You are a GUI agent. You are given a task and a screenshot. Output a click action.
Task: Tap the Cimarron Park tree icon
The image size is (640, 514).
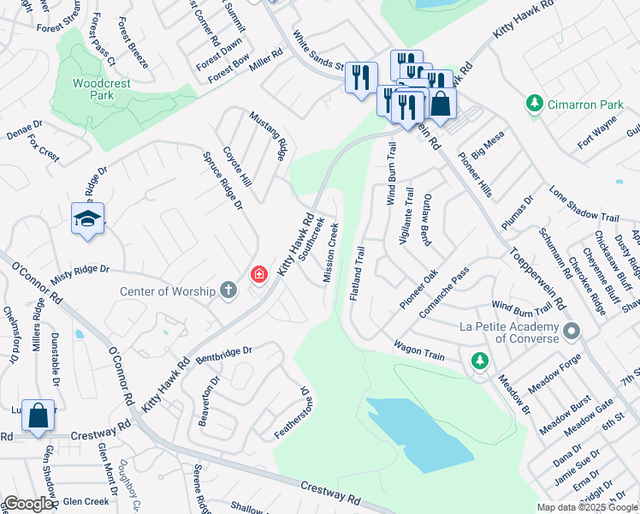[535, 104]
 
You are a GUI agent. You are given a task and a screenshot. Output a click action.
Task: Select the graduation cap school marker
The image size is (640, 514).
[88, 220]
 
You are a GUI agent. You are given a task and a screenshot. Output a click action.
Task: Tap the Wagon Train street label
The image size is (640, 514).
[419, 348]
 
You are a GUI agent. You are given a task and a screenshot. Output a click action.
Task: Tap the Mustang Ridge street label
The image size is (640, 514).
[267, 135]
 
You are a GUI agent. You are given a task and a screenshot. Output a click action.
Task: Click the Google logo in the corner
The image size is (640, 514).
[28, 504]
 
